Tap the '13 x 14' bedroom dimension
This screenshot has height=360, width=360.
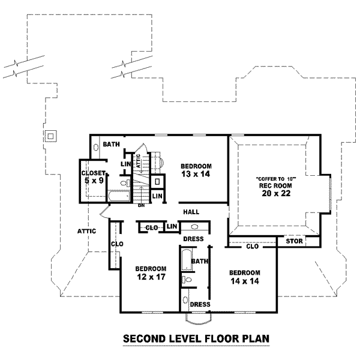click(x=195, y=174)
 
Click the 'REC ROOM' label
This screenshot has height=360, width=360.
click(x=278, y=185)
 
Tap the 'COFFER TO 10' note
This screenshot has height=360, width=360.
click(x=278, y=178)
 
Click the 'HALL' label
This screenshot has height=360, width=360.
click(x=191, y=212)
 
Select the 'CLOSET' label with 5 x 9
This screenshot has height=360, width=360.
click(x=93, y=173)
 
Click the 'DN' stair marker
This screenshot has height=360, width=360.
click(x=142, y=206)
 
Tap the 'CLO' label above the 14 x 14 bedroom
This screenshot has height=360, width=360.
click(x=252, y=247)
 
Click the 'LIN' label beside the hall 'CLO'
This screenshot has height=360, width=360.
click(x=172, y=226)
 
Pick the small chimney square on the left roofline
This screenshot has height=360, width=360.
click(x=52, y=136)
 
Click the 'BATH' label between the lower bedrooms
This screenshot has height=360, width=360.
click(x=199, y=261)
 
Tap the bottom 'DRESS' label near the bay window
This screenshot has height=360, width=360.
click(x=199, y=304)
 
